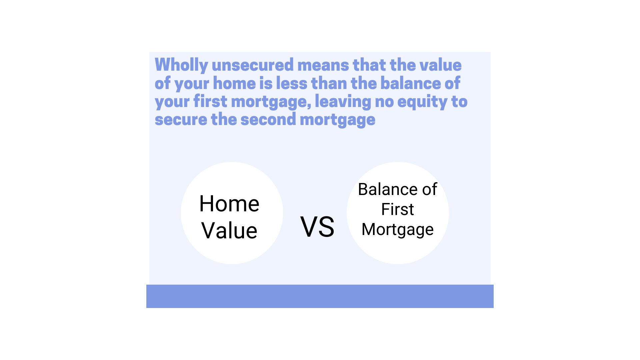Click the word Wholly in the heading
click(181, 65)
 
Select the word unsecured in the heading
click(253, 65)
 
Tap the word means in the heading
click(323, 65)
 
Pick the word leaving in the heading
click(343, 102)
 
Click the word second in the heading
click(268, 120)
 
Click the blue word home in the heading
click(234, 83)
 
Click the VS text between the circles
click(317, 227)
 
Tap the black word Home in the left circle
click(229, 204)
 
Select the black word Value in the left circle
click(229, 231)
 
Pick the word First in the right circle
click(397, 209)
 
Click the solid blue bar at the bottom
click(320, 296)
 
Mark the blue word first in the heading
click(210, 102)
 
